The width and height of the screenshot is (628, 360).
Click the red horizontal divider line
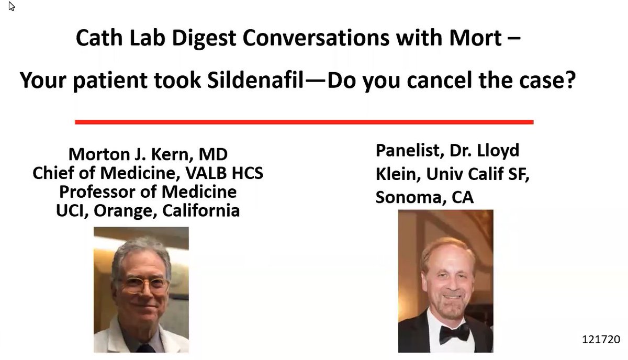click(x=304, y=122)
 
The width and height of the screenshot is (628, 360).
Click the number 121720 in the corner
click(x=601, y=340)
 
